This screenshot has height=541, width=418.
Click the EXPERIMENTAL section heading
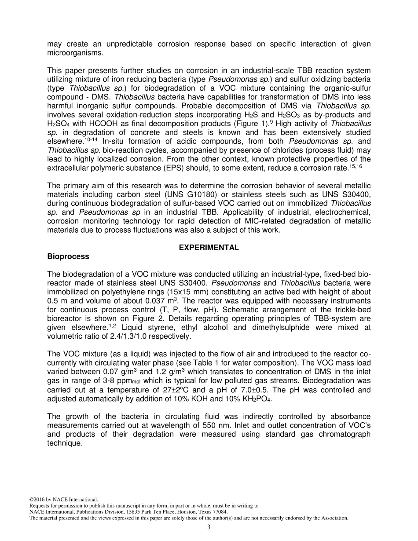209,248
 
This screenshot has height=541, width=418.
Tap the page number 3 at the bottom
209,527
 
